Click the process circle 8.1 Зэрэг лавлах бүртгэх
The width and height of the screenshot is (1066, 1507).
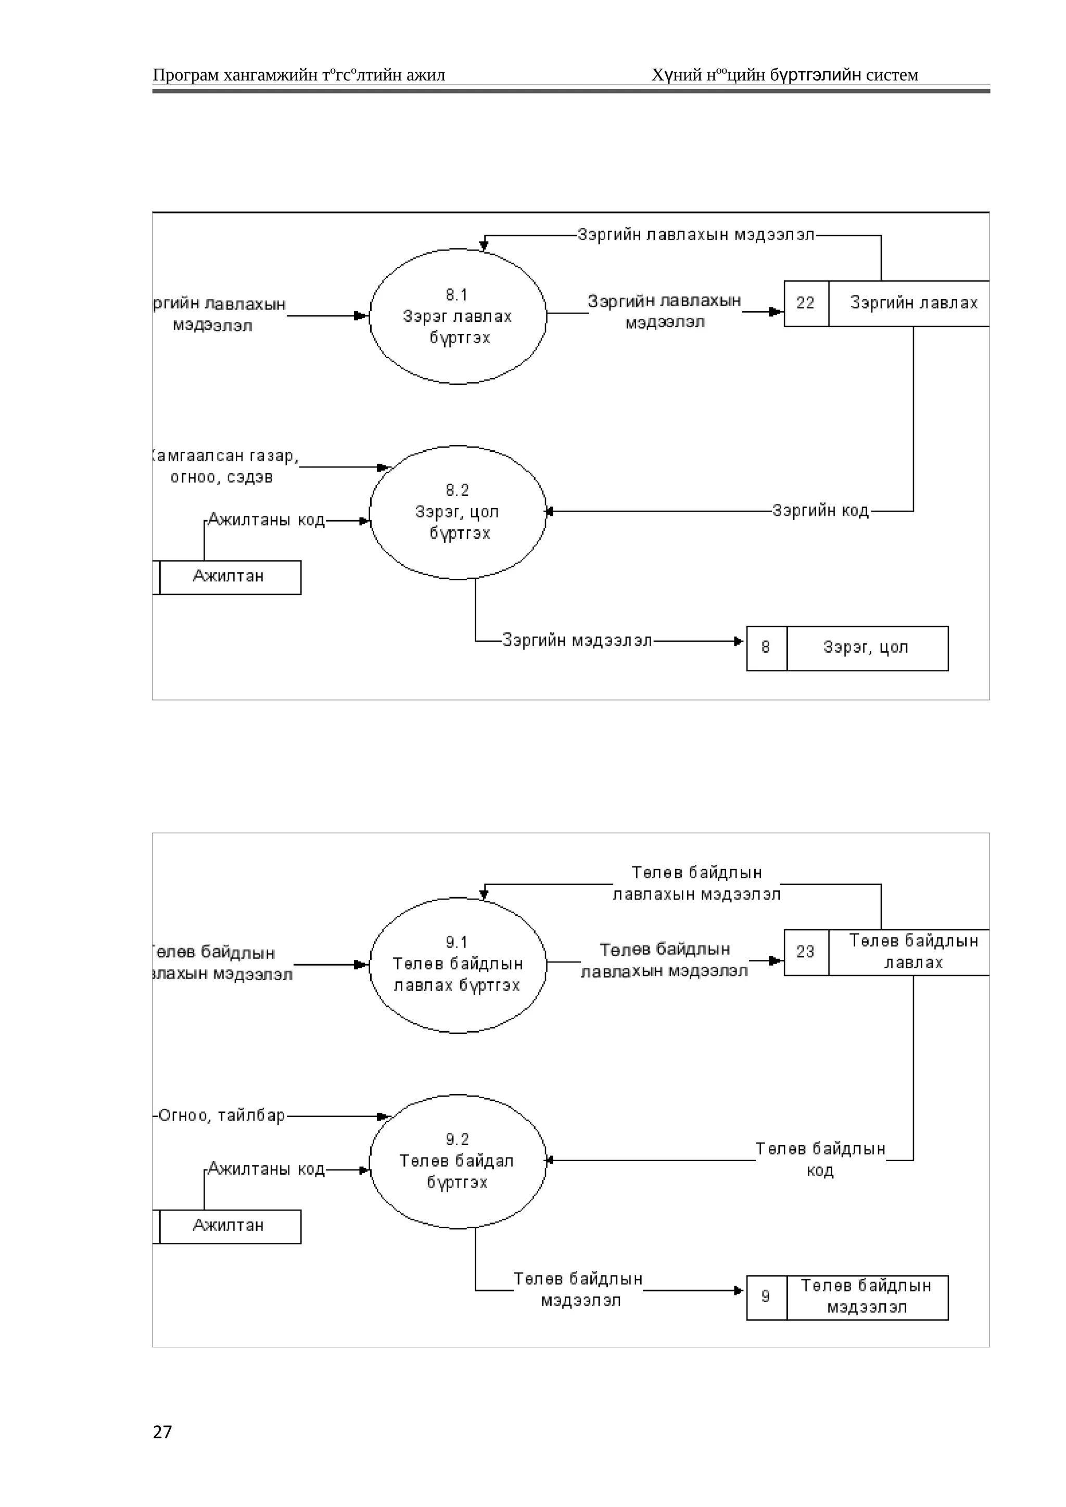[x=458, y=316]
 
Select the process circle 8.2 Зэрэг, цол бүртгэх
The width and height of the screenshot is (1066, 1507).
[x=458, y=512]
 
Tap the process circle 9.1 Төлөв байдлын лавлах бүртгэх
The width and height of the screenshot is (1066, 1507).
[x=458, y=965]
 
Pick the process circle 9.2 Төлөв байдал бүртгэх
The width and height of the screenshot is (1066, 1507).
[x=458, y=1161]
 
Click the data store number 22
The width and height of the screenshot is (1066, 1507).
[x=806, y=303]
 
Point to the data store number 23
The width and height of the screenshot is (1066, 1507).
[x=806, y=952]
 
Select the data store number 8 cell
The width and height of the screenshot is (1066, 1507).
[x=766, y=648]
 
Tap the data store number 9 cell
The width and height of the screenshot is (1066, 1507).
[x=766, y=1296]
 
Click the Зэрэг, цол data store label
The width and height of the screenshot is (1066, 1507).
[x=866, y=648]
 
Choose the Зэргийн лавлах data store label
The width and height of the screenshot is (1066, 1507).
[x=913, y=303]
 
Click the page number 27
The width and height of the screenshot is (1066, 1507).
[x=162, y=1432]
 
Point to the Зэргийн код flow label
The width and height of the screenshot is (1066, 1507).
[x=820, y=511]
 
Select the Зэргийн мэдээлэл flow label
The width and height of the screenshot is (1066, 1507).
[x=577, y=640]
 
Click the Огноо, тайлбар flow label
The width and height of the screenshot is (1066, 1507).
[x=222, y=1116]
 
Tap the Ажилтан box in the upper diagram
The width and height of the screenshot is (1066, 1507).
[x=229, y=577]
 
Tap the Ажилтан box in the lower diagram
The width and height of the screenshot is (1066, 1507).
[x=229, y=1226]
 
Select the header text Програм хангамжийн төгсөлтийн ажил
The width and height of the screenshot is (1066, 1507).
[x=299, y=75]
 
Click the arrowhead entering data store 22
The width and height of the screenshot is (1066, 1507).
[x=777, y=312]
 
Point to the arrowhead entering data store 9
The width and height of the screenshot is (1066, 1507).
[x=739, y=1290]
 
